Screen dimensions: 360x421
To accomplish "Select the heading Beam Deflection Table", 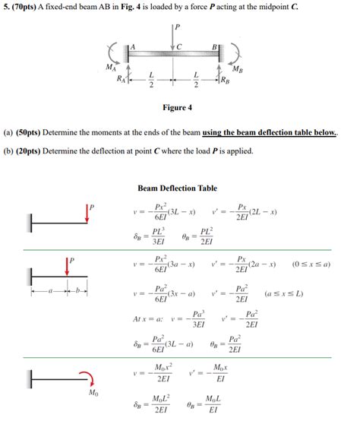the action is (x=177, y=188).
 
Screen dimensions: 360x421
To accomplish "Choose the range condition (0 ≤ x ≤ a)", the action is (x=315, y=264).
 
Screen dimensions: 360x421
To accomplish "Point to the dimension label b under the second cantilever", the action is (x=77, y=290).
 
